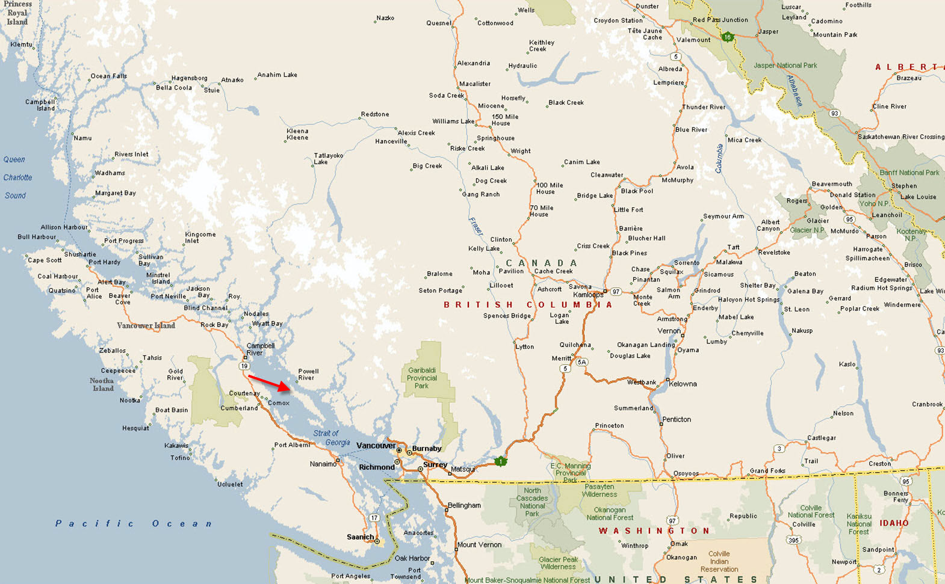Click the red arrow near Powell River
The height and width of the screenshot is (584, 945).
click(x=270, y=383)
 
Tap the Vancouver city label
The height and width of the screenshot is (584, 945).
click(x=376, y=446)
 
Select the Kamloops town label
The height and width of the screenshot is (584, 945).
click(x=587, y=295)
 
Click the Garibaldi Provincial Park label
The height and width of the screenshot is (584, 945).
click(x=422, y=378)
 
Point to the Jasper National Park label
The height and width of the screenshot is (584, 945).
click(x=785, y=66)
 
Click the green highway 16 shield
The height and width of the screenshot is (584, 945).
click(x=728, y=37)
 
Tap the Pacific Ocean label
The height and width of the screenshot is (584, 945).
click(x=134, y=523)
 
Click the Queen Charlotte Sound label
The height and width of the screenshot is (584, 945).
click(x=17, y=177)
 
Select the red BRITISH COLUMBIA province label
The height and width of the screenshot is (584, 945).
click(x=528, y=305)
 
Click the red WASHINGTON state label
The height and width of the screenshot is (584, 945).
click(x=655, y=530)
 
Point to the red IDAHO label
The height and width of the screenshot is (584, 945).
click(x=894, y=523)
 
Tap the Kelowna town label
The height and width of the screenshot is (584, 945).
click(x=683, y=384)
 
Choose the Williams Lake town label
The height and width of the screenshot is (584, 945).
click(x=453, y=121)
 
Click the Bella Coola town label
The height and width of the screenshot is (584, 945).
click(x=174, y=88)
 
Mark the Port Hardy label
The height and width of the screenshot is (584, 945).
click(x=104, y=262)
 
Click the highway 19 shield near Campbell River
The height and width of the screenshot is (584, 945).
click(x=244, y=366)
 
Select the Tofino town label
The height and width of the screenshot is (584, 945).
click(x=180, y=458)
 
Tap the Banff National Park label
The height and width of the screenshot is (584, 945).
click(x=909, y=173)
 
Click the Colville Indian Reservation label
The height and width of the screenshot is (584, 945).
click(x=719, y=562)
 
